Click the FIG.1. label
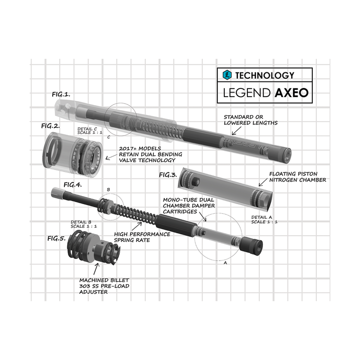coord(61,94)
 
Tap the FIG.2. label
coord(50,125)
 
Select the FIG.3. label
coord(167,175)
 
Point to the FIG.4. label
coord(72,185)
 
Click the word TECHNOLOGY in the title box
coord(264,75)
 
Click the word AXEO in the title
coord(292,94)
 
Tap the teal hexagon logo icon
coord(227,75)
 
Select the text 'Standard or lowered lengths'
coord(250,120)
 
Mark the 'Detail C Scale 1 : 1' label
coord(89,131)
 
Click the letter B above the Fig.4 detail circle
coord(108,190)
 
